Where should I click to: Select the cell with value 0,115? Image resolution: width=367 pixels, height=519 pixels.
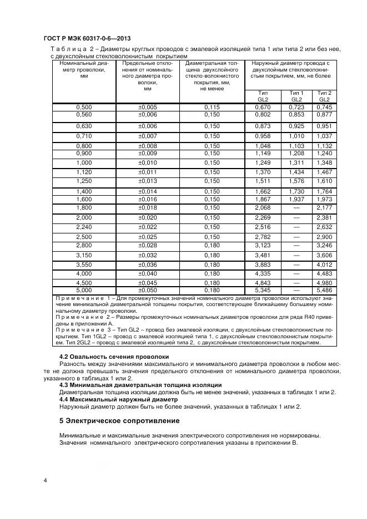pyautogui.click(x=212, y=106)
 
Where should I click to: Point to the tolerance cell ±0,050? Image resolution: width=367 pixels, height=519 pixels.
pyautogui.click(x=148, y=290)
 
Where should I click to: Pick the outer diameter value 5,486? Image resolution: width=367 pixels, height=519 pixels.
pyautogui.click(x=324, y=290)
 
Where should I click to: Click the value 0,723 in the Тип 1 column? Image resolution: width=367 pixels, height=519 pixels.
pyautogui.click(x=297, y=106)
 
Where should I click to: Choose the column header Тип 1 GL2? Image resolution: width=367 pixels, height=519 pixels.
pyautogui.click(x=297, y=95)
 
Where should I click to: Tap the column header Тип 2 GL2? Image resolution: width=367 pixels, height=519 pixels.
pyautogui.click(x=324, y=95)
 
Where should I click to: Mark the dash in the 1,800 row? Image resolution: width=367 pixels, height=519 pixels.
pyautogui.click(x=297, y=207)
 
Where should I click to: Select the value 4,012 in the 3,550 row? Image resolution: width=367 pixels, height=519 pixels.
pyautogui.click(x=324, y=264)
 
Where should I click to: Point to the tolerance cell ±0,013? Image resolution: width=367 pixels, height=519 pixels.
pyautogui.click(x=148, y=181)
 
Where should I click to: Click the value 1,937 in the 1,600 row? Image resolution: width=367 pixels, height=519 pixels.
pyautogui.click(x=297, y=199)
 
